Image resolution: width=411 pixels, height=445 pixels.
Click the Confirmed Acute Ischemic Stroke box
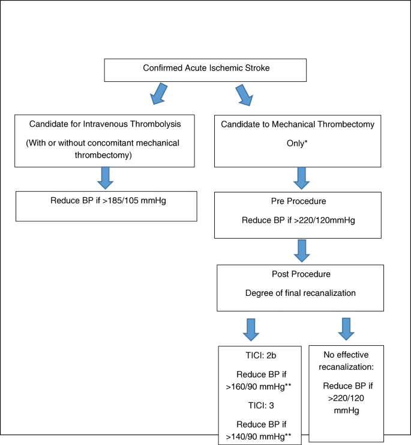206,69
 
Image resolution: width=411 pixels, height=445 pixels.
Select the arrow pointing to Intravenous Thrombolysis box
158,94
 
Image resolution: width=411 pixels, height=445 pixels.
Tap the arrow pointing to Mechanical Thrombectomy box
244,95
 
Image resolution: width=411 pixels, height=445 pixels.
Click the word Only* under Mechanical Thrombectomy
298,145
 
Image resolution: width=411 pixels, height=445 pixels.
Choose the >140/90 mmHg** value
259,436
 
